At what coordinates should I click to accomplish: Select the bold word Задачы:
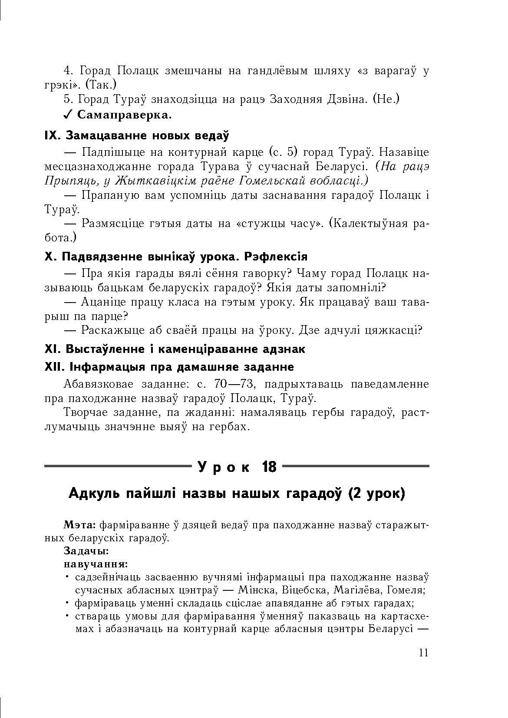tap(86, 551)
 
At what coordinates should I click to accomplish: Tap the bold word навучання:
tap(96, 564)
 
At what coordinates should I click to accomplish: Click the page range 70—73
tap(234, 384)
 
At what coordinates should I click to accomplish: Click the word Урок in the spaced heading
tap(224, 467)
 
